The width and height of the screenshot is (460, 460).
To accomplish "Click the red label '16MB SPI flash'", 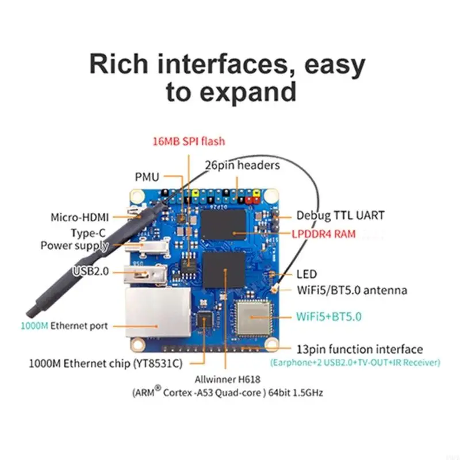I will (188, 141).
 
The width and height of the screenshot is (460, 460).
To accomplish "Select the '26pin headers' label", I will (242, 165).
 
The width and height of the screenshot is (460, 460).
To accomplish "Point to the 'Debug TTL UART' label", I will (340, 216).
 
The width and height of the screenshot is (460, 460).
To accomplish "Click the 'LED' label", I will (306, 274).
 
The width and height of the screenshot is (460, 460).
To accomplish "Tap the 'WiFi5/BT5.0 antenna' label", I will (351, 290).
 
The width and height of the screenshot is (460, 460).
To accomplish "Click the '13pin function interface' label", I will (359, 349).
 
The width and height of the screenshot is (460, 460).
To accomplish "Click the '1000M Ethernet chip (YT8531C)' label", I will (106, 363).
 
